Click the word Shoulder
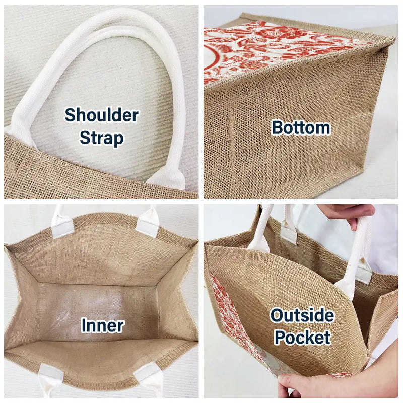coord(102,115)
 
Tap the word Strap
coord(102,138)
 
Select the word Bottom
coord(301,128)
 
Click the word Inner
coord(103,325)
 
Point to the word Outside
coord(302,315)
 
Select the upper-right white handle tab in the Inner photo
coord(148,222)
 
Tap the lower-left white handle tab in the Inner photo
coord(50,379)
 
